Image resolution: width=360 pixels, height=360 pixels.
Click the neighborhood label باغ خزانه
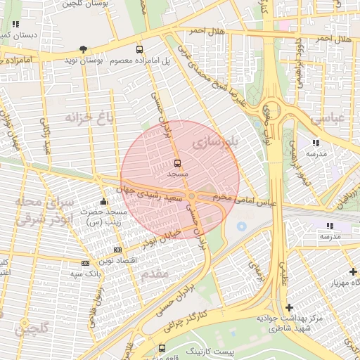89,116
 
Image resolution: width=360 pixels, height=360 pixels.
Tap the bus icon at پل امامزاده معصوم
139,50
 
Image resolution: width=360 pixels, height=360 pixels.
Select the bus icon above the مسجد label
176,162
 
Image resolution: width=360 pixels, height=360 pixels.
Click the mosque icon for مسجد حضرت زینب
104,202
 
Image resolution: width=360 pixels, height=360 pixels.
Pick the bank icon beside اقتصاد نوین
117,250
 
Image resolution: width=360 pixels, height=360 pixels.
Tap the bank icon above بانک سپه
86,263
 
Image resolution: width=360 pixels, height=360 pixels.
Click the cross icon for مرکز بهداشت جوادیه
290,307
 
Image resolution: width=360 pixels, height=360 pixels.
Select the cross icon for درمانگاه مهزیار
352,271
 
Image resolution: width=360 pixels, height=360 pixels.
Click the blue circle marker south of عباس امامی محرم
242,226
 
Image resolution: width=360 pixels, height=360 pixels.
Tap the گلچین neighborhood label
32,328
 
